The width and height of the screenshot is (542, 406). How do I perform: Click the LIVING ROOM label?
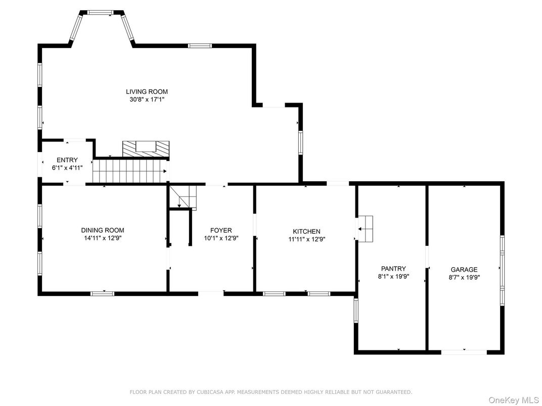[x=147, y=91]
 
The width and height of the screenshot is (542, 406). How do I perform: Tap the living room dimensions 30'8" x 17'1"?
[x=147, y=99]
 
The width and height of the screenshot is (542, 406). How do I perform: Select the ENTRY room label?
[x=67, y=160]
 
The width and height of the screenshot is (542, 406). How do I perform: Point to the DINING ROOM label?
[x=103, y=230]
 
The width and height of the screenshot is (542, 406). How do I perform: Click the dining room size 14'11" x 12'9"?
[x=103, y=238]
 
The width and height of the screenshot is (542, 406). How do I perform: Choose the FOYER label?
[x=221, y=230]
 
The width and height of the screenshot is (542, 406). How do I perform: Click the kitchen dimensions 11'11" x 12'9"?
[x=307, y=239]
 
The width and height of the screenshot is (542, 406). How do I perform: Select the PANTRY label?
[x=393, y=269]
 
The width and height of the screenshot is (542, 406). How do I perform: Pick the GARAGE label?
[x=464, y=270]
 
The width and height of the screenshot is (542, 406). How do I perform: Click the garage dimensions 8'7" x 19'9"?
[x=464, y=277]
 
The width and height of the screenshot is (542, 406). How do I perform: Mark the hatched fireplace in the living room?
[x=146, y=148]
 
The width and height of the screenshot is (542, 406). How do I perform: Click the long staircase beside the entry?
[x=130, y=171]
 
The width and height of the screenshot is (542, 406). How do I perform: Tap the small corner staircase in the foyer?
[x=184, y=197]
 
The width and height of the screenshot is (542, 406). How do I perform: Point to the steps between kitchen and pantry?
[x=365, y=229]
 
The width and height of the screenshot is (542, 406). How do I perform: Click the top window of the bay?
[x=100, y=12]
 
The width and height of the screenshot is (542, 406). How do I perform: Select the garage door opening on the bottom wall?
[x=464, y=351]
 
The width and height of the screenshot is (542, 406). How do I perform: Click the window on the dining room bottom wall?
[x=102, y=293]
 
